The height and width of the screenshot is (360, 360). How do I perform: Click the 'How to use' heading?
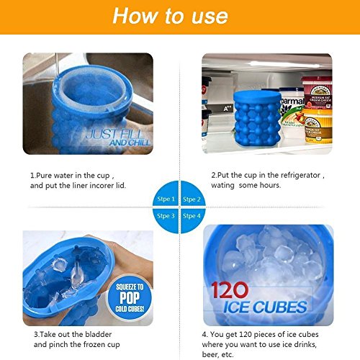click(170, 16)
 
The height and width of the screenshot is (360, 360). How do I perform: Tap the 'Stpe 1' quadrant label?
click(166, 199)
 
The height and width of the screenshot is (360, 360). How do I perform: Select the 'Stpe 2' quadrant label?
click(192, 199)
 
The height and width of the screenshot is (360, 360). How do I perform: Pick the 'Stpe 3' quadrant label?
click(166, 216)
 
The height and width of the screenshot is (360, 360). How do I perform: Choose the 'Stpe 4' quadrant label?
click(192, 216)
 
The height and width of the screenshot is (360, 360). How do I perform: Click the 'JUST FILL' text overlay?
click(114, 135)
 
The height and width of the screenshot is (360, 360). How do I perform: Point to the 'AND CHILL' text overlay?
click(130, 143)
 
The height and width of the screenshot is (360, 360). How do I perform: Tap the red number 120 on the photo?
click(230, 290)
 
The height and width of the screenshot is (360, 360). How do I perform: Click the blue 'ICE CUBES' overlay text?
click(265, 307)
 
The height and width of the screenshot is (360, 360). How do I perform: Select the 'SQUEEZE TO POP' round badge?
click(130, 298)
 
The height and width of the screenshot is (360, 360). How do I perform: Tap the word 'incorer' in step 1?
click(99, 186)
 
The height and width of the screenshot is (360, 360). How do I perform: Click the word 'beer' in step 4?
click(210, 354)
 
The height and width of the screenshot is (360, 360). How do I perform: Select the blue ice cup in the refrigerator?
click(257, 119)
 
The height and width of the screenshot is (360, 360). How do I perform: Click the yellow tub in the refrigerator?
click(318, 127)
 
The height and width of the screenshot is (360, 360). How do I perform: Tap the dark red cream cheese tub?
click(317, 93)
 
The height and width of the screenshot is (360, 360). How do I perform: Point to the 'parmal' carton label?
click(292, 102)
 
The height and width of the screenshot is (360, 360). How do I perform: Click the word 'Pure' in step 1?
click(44, 176)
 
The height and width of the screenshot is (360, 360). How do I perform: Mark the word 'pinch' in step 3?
click(58, 345)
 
